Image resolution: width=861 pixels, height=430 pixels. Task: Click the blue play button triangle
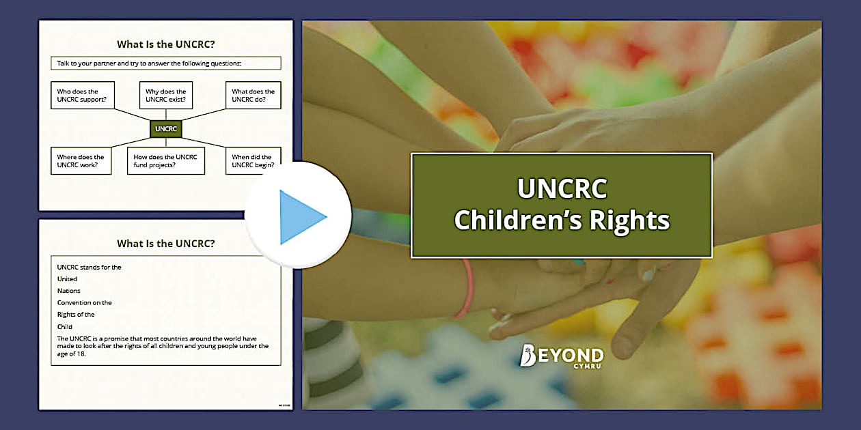tap(301, 217)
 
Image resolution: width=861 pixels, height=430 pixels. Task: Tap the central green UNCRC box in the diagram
tap(165, 128)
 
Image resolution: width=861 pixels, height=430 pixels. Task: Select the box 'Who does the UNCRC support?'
tap(83, 96)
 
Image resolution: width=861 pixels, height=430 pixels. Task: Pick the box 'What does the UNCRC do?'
tap(253, 96)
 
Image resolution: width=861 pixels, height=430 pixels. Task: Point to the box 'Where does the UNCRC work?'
tap(81, 161)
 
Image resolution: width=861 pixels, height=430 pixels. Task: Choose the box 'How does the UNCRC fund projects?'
tap(165, 161)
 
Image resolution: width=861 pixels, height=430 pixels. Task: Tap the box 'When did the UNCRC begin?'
tap(252, 161)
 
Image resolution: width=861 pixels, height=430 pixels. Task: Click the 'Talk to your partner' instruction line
tap(165, 63)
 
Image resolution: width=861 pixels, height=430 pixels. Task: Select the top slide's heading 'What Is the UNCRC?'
tap(165, 44)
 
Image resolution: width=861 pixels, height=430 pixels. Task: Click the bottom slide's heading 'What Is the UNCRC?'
tap(165, 243)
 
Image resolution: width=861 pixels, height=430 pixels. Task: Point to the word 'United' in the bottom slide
tap(67, 279)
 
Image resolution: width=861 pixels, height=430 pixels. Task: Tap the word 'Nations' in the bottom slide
tap(68, 291)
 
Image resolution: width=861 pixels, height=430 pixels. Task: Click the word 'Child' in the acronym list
tap(64, 327)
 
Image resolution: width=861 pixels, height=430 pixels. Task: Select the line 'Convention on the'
tap(84, 303)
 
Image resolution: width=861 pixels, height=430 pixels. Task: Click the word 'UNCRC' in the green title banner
tap(562, 189)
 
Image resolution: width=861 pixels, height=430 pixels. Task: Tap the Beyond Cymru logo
tap(562, 356)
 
